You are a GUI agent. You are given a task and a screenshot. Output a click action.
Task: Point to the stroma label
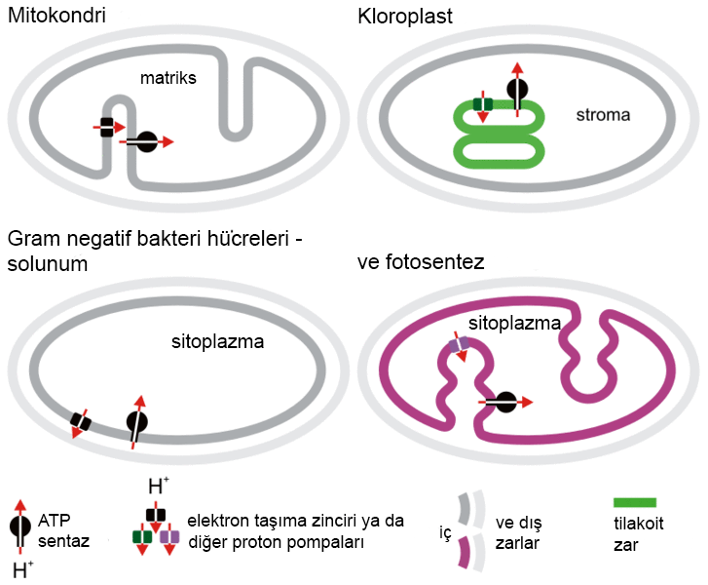pyautogui.click(x=602, y=114)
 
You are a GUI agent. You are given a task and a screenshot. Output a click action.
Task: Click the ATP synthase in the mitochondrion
pyautogui.click(x=146, y=142)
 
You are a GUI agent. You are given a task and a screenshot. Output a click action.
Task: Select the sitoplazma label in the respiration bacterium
pyautogui.click(x=216, y=342)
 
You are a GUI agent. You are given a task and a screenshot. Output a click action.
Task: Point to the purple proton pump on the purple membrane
pyautogui.click(x=459, y=343)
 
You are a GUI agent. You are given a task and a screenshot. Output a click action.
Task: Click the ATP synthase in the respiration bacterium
pyautogui.click(x=137, y=422)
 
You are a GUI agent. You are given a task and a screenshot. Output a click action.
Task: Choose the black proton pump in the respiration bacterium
pyautogui.click(x=80, y=422)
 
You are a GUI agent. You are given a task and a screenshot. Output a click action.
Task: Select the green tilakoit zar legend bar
pyautogui.click(x=635, y=503)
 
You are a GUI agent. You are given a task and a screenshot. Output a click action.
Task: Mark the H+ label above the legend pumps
pyautogui.click(x=156, y=487)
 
